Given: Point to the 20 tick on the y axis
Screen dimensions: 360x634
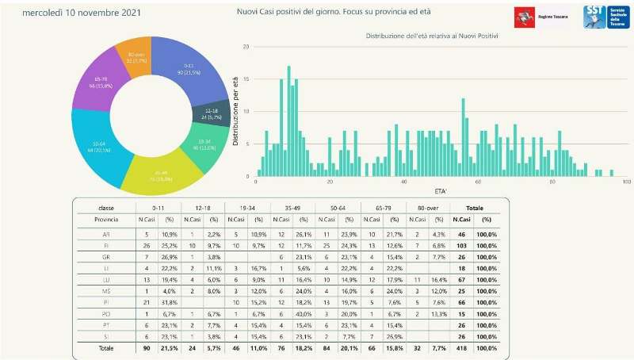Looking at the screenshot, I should pyautogui.click(x=246, y=47).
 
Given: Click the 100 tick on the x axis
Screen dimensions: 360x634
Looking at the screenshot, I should pyautogui.click(x=626, y=182).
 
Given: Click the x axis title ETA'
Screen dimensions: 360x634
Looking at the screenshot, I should pyautogui.click(x=441, y=191).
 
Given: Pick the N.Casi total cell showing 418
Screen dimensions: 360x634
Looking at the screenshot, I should pyautogui.click(x=460, y=348).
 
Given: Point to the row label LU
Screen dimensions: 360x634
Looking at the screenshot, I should pyautogui.click(x=105, y=281).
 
